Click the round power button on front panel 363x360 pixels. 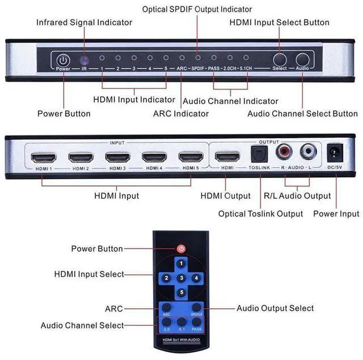(x=62, y=59)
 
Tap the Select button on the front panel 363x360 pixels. (x=280, y=59)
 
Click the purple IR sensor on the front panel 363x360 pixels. (x=83, y=59)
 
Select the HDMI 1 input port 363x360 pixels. (x=43, y=156)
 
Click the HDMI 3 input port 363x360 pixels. (x=116, y=156)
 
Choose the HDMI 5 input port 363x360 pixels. (x=191, y=156)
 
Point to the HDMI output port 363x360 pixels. (x=227, y=156)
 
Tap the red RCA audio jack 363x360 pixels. (x=283, y=151)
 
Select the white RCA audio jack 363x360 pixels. (x=308, y=151)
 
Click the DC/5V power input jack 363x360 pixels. (x=335, y=152)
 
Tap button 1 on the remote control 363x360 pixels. (x=181, y=264)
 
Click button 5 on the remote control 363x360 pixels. (x=181, y=293)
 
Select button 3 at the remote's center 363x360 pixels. (x=181, y=278)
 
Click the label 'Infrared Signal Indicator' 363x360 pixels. (x=84, y=22)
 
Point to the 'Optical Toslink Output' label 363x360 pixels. (x=260, y=214)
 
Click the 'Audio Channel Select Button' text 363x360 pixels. (x=302, y=113)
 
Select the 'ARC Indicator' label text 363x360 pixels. (x=180, y=113)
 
